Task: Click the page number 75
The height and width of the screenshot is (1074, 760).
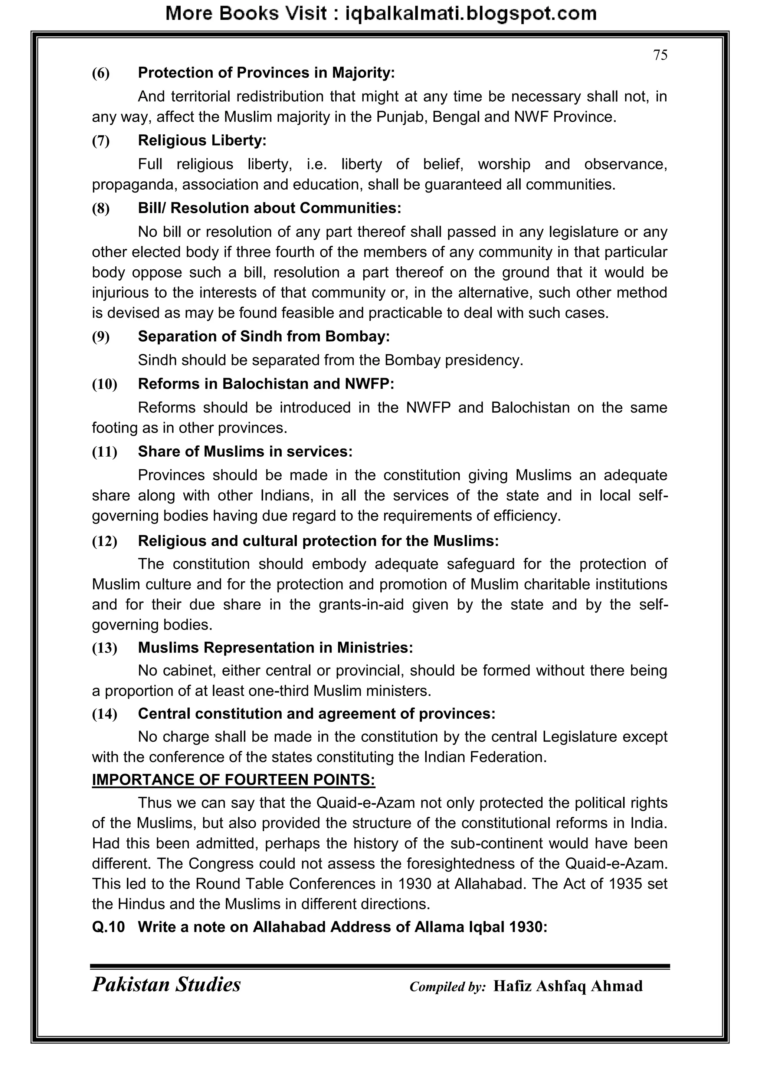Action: point(660,55)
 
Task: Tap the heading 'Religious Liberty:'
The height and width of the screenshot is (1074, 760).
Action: point(202,140)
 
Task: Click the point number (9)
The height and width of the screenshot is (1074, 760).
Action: point(101,337)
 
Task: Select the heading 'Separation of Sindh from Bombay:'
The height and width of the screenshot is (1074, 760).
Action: point(263,336)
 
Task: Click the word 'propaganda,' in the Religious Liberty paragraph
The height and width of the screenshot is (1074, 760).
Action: point(135,185)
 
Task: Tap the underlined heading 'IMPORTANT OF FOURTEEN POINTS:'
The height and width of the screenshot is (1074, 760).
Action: point(233,780)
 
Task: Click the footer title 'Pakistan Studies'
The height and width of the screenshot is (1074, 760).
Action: point(166,985)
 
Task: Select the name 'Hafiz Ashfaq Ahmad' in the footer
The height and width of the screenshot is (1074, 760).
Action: point(568,986)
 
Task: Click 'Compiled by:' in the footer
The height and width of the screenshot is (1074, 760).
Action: point(448,987)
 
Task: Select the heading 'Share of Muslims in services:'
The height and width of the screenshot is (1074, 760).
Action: point(245,451)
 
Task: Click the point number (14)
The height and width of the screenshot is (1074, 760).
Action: point(104,714)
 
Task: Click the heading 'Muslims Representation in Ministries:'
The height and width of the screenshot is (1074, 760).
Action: point(275,647)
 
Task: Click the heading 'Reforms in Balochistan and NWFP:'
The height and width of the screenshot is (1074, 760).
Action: point(266,384)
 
